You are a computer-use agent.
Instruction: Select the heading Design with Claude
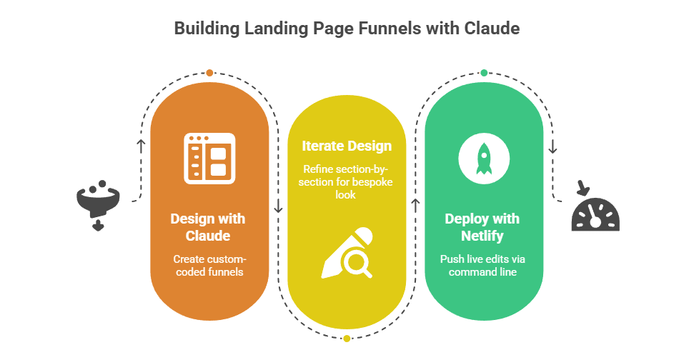tap(208, 227)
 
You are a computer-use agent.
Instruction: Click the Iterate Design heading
tap(347, 146)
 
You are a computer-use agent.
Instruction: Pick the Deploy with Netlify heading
tap(482, 227)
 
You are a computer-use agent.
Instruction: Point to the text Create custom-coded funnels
tap(208, 266)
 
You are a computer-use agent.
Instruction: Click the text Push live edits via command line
tap(482, 266)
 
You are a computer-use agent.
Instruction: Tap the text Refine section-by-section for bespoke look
tap(347, 181)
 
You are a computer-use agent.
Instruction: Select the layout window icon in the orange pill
tap(209, 159)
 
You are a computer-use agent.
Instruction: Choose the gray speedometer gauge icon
tap(595, 214)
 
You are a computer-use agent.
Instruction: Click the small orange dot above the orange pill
tap(209, 73)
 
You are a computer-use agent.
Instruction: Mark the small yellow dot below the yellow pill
tap(347, 338)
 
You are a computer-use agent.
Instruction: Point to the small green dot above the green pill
tap(484, 73)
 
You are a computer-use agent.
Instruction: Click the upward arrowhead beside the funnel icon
tap(142, 144)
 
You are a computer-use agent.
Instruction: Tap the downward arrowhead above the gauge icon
tap(552, 151)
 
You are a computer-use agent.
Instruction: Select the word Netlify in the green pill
tap(482, 235)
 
